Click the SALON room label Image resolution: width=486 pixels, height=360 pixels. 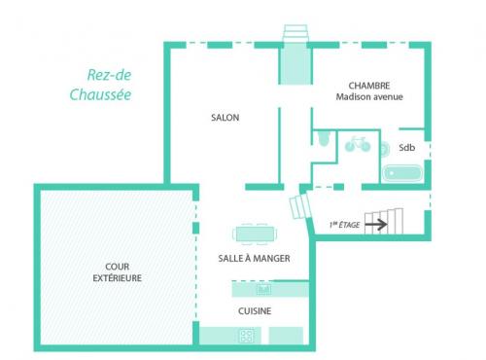tap(225, 118)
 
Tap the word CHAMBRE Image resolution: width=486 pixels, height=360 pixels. tap(369, 86)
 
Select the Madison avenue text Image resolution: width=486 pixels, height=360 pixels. tap(369, 96)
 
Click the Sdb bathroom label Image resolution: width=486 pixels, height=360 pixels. tap(406, 148)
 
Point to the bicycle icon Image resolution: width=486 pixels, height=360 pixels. tap(358, 144)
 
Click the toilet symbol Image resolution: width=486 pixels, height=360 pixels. tap(323, 138)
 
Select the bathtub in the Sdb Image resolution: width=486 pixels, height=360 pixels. tap(402, 173)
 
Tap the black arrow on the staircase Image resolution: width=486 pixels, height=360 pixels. tap(376, 224)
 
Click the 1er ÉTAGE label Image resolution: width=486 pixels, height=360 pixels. tap(344, 225)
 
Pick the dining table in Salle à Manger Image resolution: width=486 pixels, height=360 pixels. tap(255, 234)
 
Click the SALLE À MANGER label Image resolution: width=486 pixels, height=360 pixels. tap(254, 259)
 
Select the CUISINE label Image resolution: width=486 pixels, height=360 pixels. tap(255, 311)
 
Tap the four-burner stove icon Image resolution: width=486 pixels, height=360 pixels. tap(247, 336)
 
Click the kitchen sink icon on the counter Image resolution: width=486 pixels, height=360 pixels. tap(263, 289)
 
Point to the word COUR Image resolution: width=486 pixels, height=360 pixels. tap(118, 267)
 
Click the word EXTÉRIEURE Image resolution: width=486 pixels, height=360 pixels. tap(118, 278)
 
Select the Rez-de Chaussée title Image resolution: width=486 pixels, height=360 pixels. tap(101, 85)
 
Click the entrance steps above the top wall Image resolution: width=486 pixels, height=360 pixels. tap(295, 33)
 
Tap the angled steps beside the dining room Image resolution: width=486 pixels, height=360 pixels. tap(300, 206)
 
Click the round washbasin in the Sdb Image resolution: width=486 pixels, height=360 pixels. tap(384, 150)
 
